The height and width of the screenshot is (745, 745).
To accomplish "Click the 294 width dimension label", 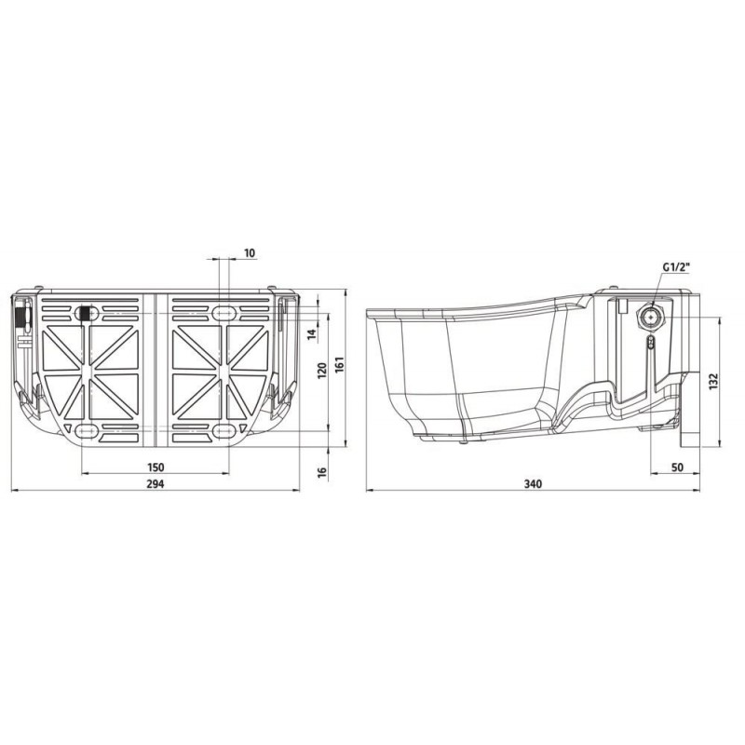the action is coord(156,483).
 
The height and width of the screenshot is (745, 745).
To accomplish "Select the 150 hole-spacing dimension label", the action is coord(156,467).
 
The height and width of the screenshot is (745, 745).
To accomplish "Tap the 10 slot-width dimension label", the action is coord(250,253).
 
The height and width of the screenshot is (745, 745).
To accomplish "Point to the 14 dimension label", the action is coord(312,334).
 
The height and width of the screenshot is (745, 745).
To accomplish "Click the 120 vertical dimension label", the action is coord(322,371).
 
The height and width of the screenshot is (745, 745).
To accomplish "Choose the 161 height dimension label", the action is coord(339,365).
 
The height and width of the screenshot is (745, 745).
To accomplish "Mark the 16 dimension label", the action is coord(322,472).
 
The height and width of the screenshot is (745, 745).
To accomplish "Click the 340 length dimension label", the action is coord(533,483).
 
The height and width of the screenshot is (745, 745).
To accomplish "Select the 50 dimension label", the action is coord(678,467).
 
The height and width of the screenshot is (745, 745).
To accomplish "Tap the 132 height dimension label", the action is coord(713,382).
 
